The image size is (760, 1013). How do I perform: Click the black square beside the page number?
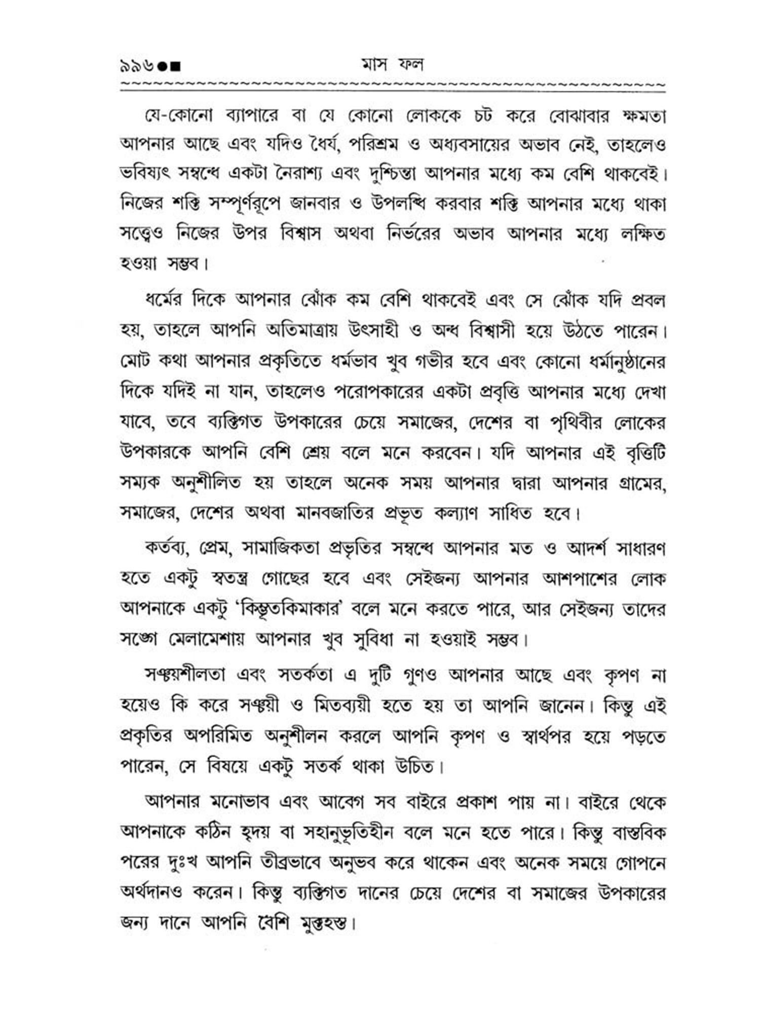click(x=175, y=66)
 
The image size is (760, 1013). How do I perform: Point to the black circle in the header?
click(x=163, y=66)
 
